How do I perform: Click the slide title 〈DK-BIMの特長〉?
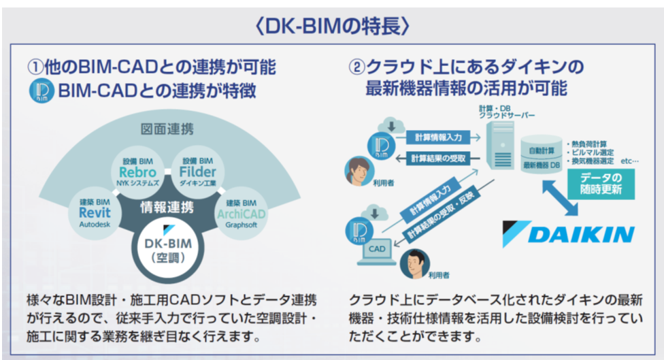331,25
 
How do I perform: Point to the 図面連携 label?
167,128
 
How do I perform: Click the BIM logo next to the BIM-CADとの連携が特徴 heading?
41,91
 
